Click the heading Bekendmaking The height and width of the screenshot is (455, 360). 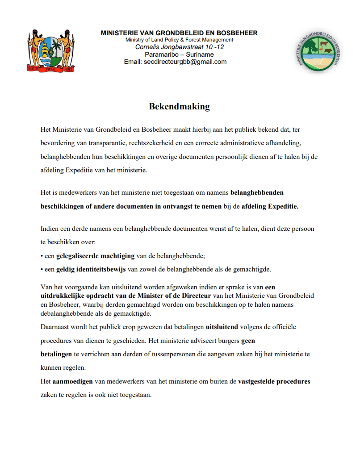click(x=179, y=107)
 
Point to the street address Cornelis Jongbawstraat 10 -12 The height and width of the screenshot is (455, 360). click(x=180, y=47)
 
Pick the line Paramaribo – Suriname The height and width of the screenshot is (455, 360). click(x=179, y=54)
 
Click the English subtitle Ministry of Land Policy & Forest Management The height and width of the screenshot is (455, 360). click(x=179, y=40)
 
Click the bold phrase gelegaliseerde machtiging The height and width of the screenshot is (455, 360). click(x=95, y=256)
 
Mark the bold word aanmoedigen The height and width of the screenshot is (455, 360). click(x=72, y=382)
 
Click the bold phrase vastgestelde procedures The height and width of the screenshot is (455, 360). click(x=274, y=382)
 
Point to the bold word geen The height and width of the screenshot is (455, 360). click(x=248, y=340)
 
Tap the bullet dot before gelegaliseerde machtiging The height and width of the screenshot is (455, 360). click(x=42, y=256)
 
